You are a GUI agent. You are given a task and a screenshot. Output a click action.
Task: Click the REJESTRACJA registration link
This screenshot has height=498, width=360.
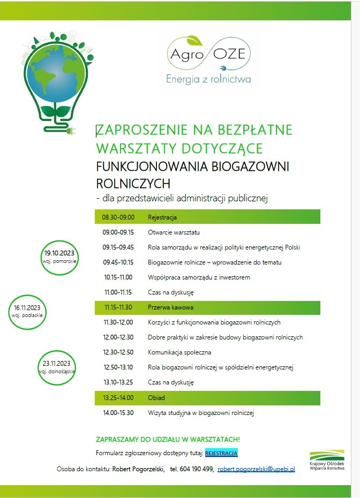[221, 454]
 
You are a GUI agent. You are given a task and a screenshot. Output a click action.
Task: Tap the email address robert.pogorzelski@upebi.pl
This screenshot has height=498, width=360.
[256, 469]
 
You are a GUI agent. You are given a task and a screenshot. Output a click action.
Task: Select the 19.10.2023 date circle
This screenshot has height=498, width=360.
[59, 256]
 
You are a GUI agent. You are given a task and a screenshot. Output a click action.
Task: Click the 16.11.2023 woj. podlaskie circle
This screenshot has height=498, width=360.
[26, 311]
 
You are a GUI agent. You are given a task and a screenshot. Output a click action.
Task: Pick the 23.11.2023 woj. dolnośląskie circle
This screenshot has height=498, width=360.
[57, 367]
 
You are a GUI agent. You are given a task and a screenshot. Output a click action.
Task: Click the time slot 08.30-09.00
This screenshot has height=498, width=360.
[118, 217]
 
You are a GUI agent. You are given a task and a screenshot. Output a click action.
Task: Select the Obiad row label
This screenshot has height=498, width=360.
[156, 398]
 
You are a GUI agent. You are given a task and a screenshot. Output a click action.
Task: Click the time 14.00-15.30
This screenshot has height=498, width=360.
[118, 413]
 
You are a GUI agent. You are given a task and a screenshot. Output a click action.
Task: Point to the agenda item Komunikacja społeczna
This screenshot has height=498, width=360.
[179, 352]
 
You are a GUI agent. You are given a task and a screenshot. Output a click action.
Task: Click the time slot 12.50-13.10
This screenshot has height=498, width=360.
[118, 367]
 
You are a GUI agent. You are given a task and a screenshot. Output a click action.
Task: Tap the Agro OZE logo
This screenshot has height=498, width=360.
[208, 54]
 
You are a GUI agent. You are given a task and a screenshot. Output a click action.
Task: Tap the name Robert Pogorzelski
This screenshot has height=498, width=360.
[138, 469]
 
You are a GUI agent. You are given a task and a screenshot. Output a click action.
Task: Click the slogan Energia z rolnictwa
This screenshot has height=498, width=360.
[208, 80]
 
